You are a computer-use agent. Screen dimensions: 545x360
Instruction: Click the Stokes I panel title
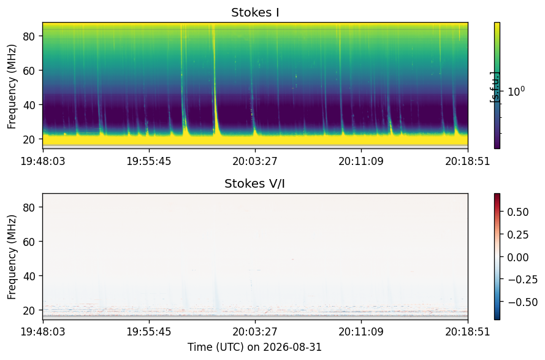255,12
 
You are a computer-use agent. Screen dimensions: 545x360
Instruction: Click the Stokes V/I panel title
255,183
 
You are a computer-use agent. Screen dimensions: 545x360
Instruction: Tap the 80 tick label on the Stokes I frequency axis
29,36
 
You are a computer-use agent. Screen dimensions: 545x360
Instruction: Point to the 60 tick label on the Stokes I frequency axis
29,71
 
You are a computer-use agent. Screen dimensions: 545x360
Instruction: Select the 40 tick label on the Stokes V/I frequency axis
29,276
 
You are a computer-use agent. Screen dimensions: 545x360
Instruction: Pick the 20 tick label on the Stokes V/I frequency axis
29,310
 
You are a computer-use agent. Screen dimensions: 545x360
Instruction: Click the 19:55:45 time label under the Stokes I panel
149,161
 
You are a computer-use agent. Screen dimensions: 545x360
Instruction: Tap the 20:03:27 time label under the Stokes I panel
255,161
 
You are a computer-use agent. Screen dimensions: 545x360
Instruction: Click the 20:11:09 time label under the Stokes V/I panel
362,332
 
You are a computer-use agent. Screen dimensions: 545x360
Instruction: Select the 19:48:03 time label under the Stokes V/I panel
43,332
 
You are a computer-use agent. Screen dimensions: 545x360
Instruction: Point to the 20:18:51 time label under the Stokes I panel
468,161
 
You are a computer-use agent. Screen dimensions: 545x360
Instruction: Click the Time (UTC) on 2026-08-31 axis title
255,347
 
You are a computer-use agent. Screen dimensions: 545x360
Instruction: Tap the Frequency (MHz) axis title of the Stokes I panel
12,86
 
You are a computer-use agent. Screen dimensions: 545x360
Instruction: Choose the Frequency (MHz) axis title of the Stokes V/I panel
12,257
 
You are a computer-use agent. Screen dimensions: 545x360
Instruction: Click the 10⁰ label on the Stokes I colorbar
516,91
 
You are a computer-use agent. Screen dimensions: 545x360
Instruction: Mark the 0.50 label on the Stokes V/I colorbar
518,212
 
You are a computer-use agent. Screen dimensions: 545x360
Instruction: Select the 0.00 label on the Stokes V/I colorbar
518,258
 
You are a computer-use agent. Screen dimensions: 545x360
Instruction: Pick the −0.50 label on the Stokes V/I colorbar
522,302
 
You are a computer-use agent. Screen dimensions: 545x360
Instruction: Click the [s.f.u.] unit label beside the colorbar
495,87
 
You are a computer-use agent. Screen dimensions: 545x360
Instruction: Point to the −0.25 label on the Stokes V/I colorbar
522,280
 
